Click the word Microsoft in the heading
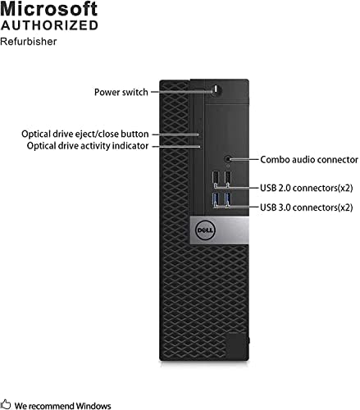(x=48, y=9)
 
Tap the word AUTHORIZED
(x=49, y=25)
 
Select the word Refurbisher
(x=29, y=42)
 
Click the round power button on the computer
(x=216, y=89)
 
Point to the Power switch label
(x=121, y=92)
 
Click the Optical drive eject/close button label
(x=85, y=134)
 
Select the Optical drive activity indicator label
(x=88, y=146)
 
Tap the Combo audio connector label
(x=309, y=160)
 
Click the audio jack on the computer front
(x=228, y=159)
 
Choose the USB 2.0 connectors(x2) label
(x=306, y=188)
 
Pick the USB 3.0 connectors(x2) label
(x=306, y=207)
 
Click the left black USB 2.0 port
(x=215, y=177)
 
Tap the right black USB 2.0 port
(x=228, y=177)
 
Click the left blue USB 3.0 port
(x=215, y=198)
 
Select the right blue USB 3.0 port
(x=228, y=198)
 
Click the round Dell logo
(x=205, y=230)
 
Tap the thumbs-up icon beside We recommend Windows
(x=6, y=404)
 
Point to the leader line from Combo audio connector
(x=244, y=159)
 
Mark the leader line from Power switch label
(x=182, y=92)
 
